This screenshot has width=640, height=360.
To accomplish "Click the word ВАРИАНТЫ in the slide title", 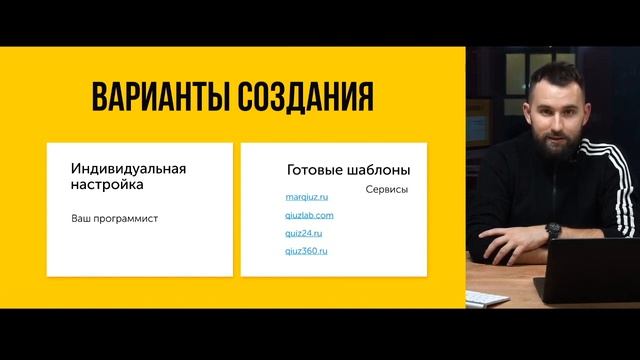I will (x=161, y=98).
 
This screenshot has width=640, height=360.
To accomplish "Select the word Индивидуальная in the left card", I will (x=129, y=169).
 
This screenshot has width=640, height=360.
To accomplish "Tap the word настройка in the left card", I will (x=107, y=185).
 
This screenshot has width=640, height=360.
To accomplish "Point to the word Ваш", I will (x=81, y=217).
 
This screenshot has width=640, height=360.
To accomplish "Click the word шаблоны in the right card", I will (x=381, y=170).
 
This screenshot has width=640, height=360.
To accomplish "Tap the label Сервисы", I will (x=386, y=190).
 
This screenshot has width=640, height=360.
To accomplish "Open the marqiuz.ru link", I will (x=307, y=198).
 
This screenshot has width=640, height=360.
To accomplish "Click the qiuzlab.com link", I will (x=309, y=215).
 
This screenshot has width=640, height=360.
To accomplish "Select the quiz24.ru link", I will (x=306, y=233).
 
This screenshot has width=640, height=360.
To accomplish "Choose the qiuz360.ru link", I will (x=307, y=251).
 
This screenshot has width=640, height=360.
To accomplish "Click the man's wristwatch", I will (x=554, y=231).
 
